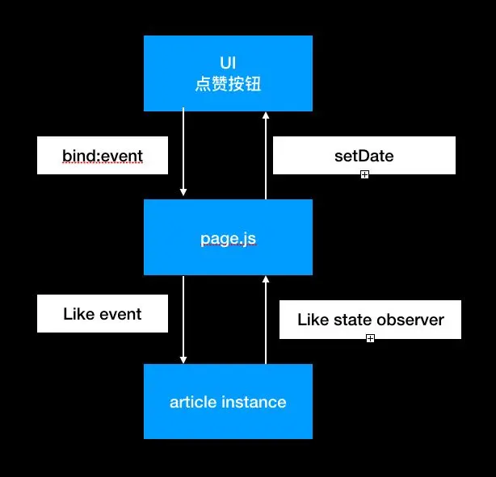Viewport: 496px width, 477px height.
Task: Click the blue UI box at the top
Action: coord(228,73)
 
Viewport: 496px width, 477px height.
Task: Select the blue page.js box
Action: coord(228,238)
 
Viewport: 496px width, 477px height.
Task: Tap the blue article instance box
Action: coord(228,401)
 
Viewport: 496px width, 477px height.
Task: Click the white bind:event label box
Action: coord(103,156)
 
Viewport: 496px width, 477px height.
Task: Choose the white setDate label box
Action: coord(364,155)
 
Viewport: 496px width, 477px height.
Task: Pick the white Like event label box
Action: coord(103,314)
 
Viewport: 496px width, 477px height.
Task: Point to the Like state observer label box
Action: coord(370,320)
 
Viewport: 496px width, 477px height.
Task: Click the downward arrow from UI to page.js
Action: coord(183,153)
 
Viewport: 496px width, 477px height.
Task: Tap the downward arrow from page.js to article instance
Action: coord(183,320)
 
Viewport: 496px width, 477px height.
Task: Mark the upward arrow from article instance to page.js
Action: coord(266,320)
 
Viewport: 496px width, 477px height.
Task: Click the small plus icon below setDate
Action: coord(364,174)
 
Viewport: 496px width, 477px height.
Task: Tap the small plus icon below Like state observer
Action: coord(370,338)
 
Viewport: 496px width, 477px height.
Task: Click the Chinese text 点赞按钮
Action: coord(228,83)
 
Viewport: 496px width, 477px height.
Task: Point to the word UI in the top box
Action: coord(228,64)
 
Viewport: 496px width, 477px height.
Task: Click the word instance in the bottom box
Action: coord(256,402)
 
